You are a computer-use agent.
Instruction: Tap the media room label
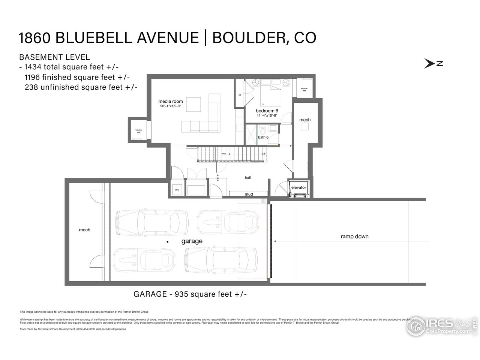coord(171,101)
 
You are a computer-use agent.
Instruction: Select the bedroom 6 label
coord(267,111)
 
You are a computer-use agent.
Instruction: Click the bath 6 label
coord(263,137)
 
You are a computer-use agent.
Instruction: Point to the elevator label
coord(299,187)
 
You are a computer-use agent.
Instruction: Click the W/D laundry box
coord(177,190)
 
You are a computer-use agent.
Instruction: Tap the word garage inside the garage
coord(192,241)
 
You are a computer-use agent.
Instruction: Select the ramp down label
coord(354,237)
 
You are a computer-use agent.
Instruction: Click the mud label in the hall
coord(249,194)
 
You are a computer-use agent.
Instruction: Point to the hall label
coord(248,178)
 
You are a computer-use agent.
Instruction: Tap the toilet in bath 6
coord(262,130)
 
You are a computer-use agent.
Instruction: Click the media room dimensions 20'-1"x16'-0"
coord(171,106)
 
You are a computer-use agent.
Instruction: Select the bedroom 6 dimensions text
coord(267,115)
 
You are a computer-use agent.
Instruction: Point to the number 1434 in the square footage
coord(33,67)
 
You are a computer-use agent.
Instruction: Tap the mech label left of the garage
coord(84,230)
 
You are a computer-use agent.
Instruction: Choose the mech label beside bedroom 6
coord(305,120)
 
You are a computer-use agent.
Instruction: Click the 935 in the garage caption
coord(181,294)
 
